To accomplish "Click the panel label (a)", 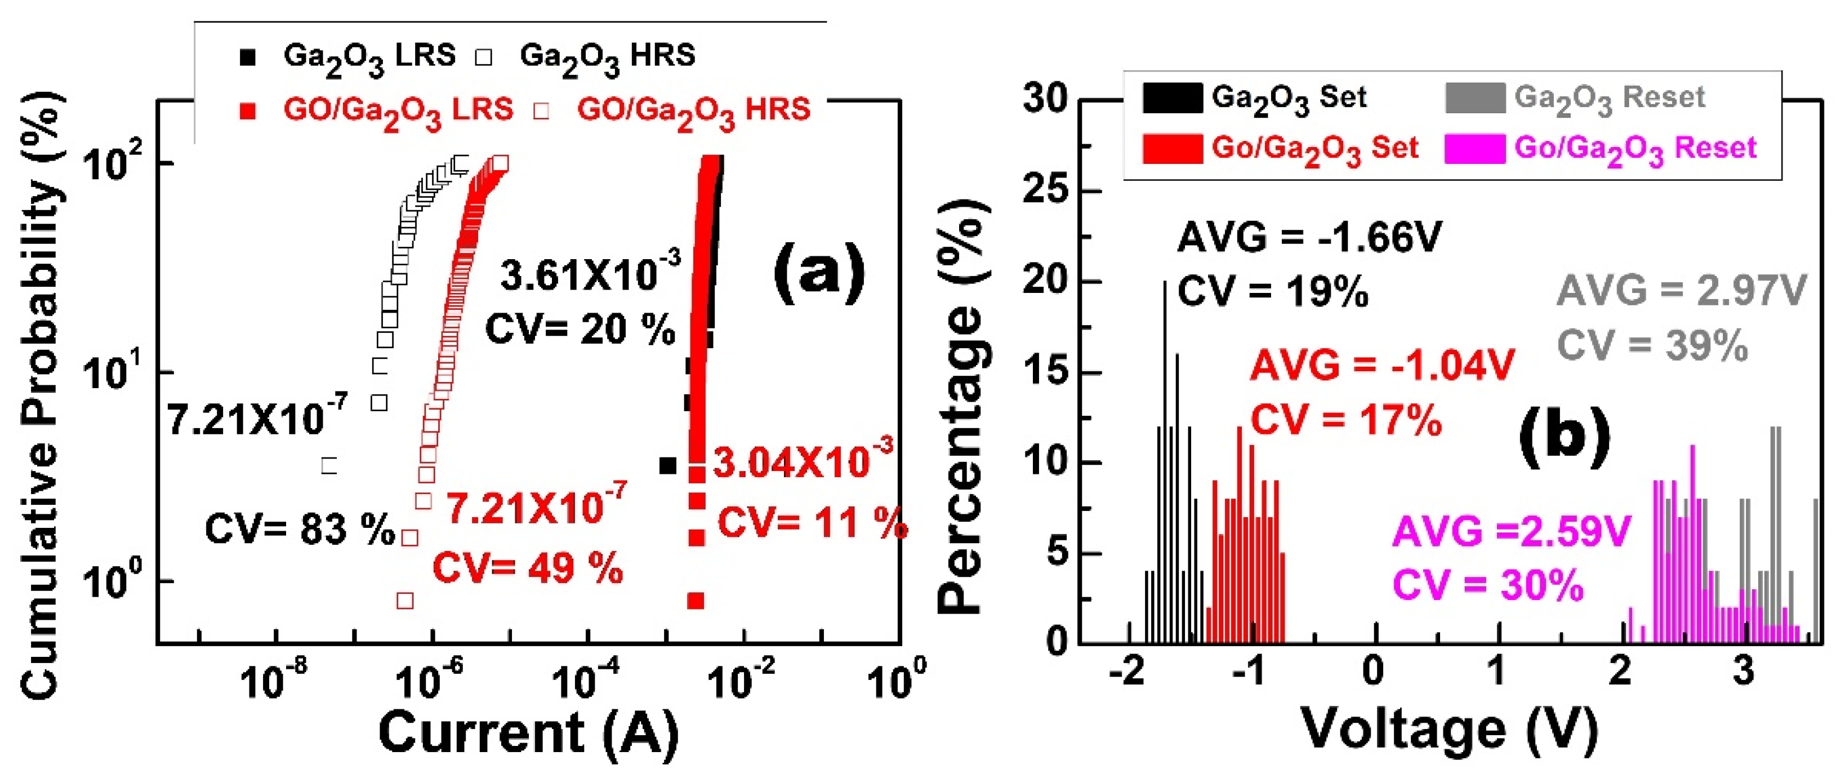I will pos(819,273).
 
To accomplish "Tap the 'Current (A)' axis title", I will pos(529,733).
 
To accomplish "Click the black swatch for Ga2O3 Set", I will pos(1172,98).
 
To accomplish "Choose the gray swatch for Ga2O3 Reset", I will pos(1474,98).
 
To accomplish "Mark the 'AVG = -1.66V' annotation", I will pos(1309,238).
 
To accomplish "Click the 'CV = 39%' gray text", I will pos(1652,346).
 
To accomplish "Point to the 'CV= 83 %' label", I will pos(300,530).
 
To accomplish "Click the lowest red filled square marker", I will pos(695,601).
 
